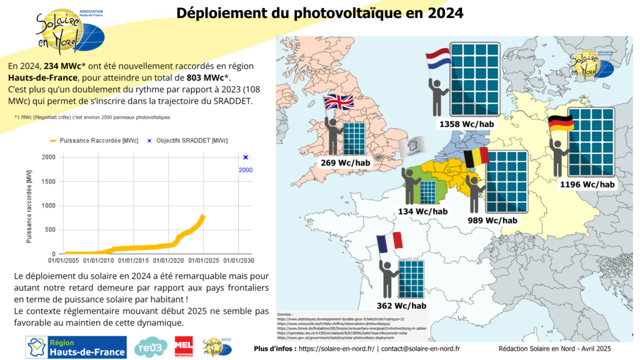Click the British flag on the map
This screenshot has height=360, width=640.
338,103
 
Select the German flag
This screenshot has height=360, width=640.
561,124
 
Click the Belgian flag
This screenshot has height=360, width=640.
476,159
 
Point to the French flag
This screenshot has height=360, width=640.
389,242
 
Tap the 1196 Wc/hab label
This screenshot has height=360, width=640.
587,184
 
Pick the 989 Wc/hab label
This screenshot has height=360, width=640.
492,220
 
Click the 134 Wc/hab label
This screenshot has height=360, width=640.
423,211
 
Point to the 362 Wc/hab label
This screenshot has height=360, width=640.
401,306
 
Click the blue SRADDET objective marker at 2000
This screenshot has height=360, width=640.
246,157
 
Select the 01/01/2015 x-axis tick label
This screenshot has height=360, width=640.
133,260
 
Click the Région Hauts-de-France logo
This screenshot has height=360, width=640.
76,347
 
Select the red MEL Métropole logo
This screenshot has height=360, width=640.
184,347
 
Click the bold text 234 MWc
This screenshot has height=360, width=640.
62,66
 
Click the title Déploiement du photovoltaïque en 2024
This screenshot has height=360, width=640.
320,14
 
